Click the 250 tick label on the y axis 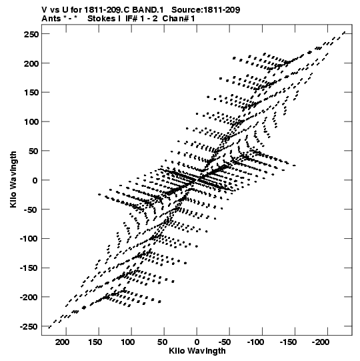point(31,34)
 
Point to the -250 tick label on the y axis point(29,327)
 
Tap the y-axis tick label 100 point(31,122)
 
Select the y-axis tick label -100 point(29,239)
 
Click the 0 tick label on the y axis point(35,180)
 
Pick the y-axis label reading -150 point(29,268)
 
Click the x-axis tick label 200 point(63,342)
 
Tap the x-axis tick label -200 point(321,342)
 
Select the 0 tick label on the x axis point(197,342)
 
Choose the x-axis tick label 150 point(95,342)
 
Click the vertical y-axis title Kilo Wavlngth point(13,179)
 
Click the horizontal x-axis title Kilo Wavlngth point(197,351)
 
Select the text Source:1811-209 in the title point(206,10)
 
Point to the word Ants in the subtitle point(51,19)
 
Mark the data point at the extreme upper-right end point(344,33)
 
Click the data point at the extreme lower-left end point(49,327)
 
